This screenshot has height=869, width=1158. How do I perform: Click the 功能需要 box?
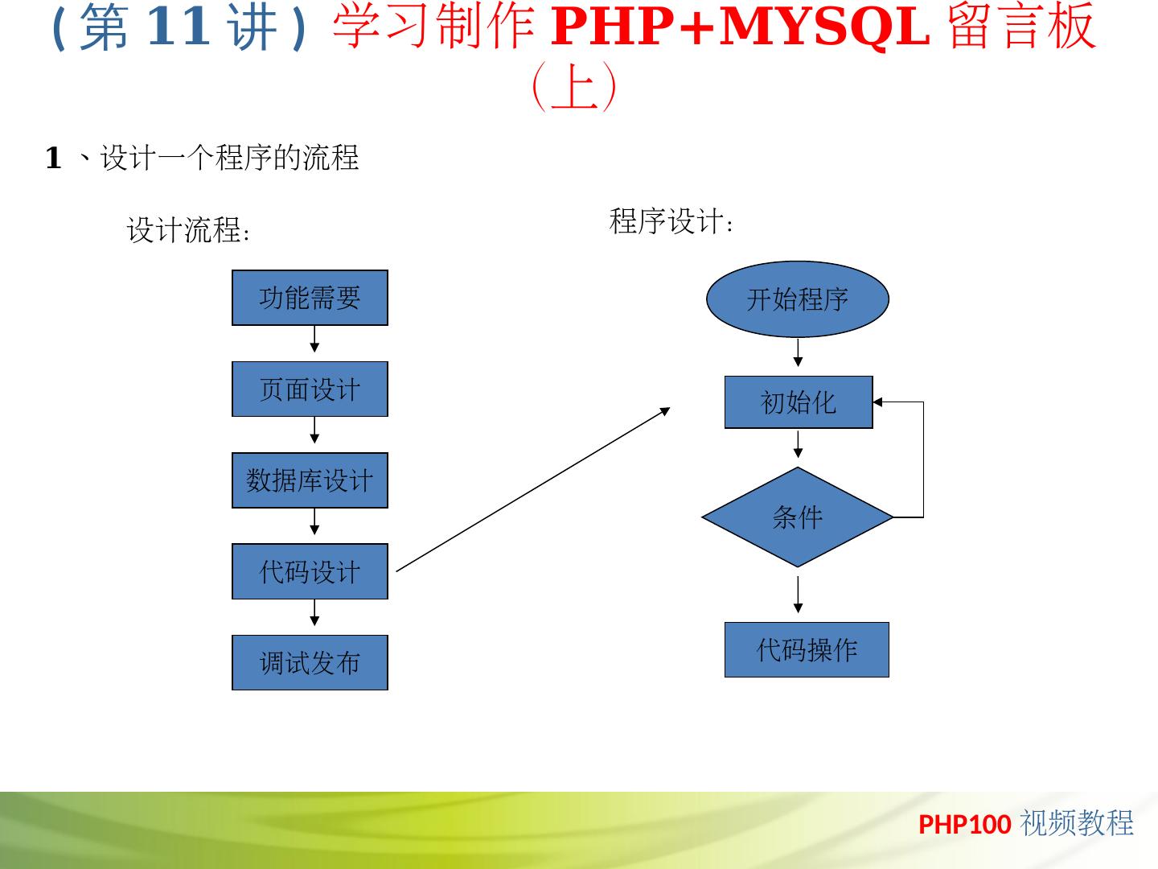tap(310, 298)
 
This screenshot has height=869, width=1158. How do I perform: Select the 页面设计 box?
tap(310, 389)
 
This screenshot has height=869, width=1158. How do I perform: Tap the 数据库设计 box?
tap(310, 480)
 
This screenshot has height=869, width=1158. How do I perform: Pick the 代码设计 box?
tap(310, 571)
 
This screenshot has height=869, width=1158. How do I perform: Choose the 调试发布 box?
tap(310, 663)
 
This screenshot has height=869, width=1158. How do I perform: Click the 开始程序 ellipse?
tap(798, 299)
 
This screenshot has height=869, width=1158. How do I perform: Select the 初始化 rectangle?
tap(799, 402)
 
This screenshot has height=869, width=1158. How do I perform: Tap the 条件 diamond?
tap(798, 517)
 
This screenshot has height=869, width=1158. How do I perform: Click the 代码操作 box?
tap(807, 649)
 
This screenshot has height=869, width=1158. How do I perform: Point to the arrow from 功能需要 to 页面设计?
tap(314, 340)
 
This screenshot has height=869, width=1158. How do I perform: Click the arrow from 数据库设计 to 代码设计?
tap(314, 522)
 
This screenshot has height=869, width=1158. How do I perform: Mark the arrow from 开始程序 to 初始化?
tap(798, 352)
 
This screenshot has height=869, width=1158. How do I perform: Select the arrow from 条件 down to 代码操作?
tap(798, 595)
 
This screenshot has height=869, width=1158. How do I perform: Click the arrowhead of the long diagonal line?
tap(665, 410)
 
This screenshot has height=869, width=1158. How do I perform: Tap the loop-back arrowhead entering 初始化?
tap(878, 402)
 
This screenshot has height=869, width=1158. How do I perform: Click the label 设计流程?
tap(189, 231)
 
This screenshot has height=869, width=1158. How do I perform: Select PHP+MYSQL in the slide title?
tap(740, 26)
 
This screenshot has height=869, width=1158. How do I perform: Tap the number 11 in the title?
tap(179, 26)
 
